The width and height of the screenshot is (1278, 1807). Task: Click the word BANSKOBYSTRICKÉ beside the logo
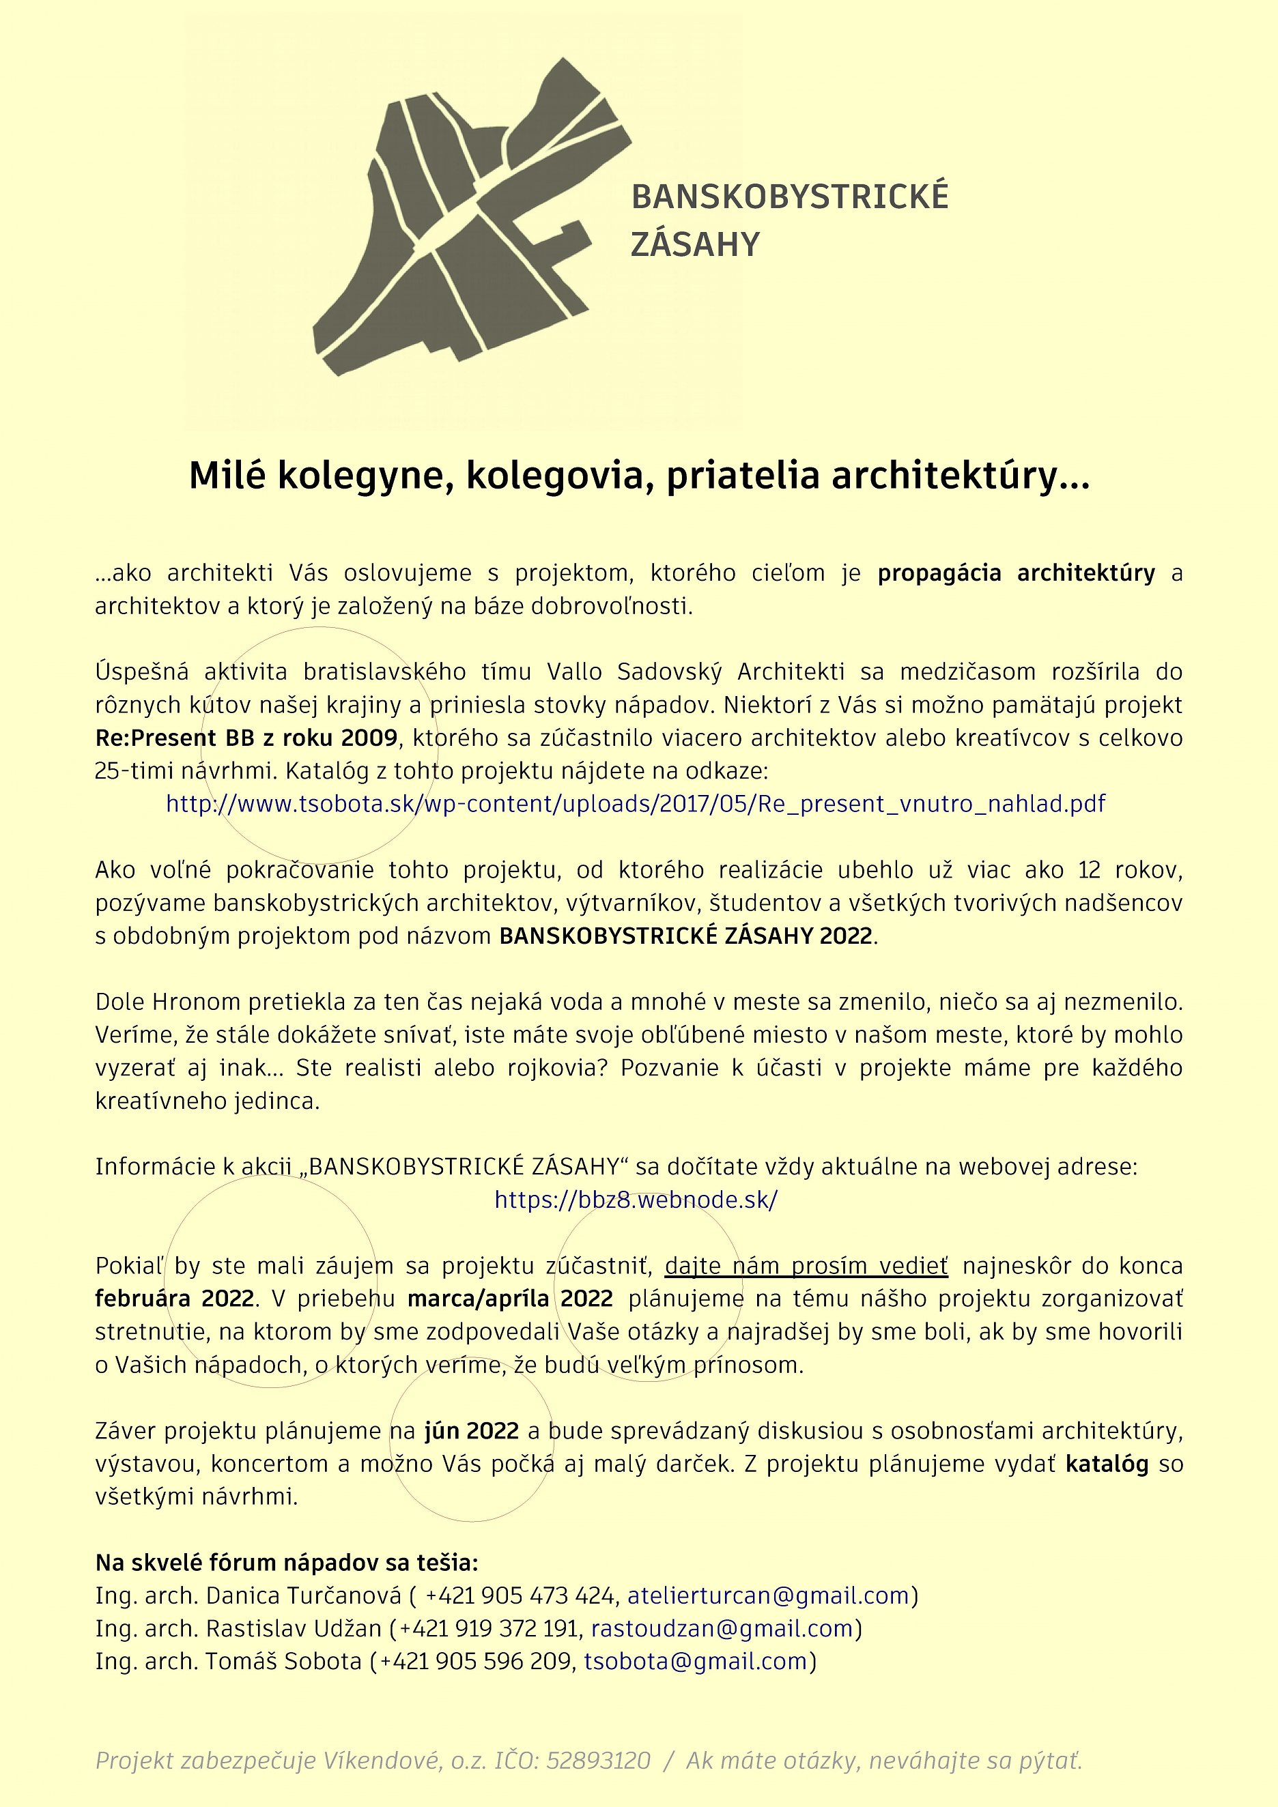790,197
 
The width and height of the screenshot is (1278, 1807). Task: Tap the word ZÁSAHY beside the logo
694,245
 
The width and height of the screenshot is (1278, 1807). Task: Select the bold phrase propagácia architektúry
1016,573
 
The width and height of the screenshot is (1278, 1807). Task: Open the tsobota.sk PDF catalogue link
636,804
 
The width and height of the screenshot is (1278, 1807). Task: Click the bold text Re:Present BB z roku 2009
246,738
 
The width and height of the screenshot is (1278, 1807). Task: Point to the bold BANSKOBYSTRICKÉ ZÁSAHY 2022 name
686,936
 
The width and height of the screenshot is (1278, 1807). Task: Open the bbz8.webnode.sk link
636,1200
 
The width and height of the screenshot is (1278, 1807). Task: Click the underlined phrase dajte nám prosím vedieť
806,1267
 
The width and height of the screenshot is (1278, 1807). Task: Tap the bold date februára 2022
175,1299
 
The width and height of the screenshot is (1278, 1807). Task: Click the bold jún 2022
472,1431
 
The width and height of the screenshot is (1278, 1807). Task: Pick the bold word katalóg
1107,1464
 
